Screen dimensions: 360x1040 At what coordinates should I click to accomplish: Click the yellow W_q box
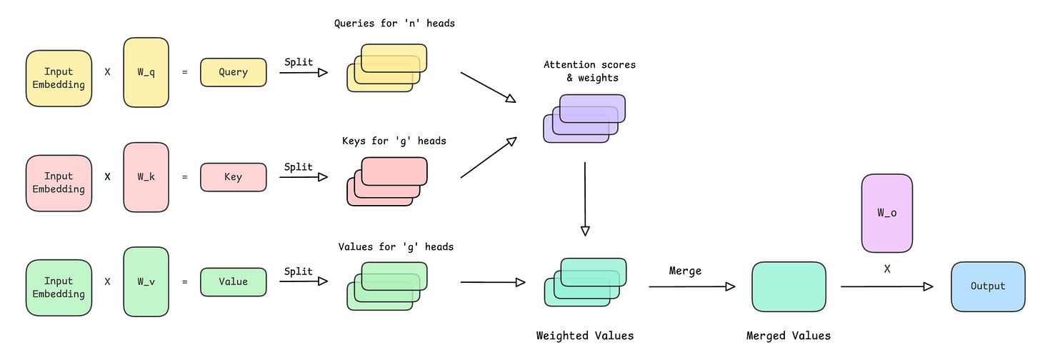[x=146, y=73]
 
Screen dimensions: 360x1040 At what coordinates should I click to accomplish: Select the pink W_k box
[x=146, y=177]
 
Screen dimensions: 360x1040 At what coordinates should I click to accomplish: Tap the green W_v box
[x=146, y=281]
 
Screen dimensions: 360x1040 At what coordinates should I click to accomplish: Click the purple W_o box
[x=886, y=213]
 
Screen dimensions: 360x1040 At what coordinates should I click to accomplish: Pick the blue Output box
[x=988, y=286]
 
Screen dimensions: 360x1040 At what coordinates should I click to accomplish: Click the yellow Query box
[x=233, y=72]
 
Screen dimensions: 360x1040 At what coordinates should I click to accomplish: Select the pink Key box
[x=233, y=177]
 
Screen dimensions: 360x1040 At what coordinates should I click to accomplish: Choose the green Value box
[x=233, y=281]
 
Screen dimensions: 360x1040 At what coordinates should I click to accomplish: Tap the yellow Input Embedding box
[x=59, y=79]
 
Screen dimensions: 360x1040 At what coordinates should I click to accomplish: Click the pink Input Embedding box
[x=59, y=183]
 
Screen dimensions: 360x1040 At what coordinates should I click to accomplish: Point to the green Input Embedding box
[x=59, y=287]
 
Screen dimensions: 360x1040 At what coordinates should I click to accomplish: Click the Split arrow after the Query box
[x=303, y=72]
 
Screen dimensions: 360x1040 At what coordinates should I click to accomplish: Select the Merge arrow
[x=691, y=286]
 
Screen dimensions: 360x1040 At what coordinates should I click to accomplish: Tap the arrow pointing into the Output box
[x=886, y=286]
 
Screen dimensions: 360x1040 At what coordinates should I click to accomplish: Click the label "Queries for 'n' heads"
[x=394, y=24]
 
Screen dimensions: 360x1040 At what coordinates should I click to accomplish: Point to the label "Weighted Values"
[x=584, y=336]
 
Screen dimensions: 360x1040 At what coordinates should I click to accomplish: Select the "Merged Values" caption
[x=789, y=336]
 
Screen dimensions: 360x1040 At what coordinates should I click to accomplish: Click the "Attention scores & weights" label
[x=589, y=71]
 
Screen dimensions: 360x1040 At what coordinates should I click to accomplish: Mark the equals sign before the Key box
[x=185, y=177]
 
